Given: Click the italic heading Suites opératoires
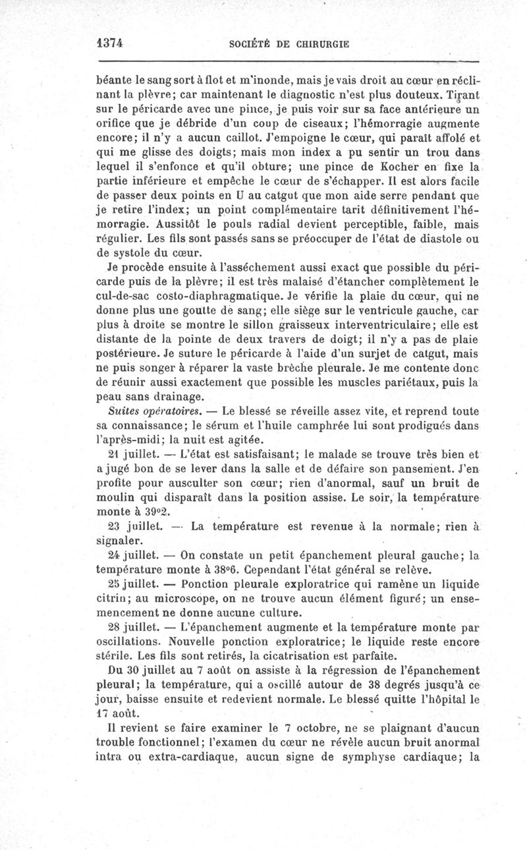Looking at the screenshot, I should [147, 411].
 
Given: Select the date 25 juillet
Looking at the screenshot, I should [135, 584].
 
